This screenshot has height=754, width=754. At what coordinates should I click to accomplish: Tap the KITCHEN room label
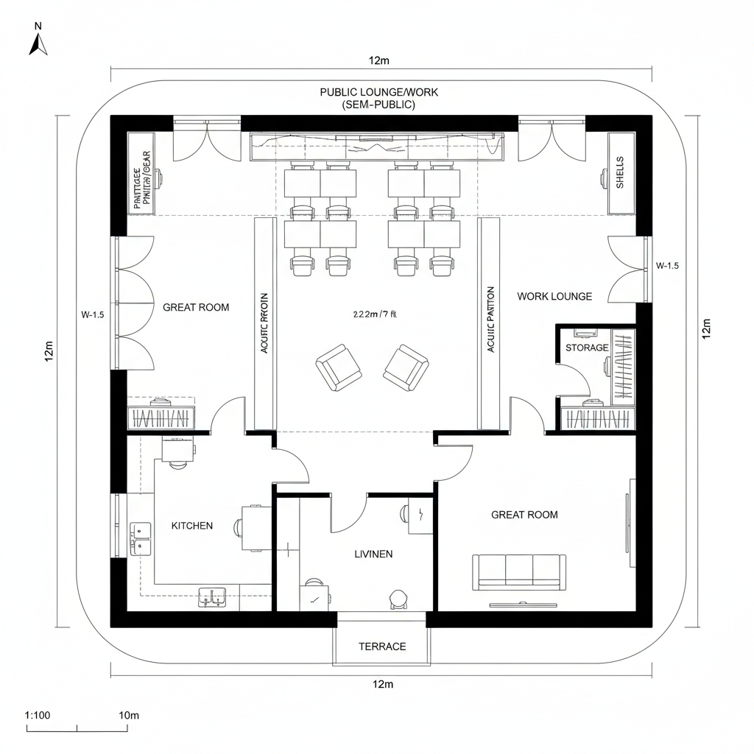coord(192,526)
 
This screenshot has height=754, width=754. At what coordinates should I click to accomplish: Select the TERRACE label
coord(382,646)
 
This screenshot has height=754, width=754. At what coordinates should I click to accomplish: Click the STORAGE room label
coord(587,348)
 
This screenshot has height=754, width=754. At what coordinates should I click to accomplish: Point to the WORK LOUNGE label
coord(554,296)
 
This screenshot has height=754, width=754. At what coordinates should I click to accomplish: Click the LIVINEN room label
coord(373,554)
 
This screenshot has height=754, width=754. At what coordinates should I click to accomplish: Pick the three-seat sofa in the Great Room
coord(518,571)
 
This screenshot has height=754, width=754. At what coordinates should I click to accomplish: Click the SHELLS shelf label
coord(620,172)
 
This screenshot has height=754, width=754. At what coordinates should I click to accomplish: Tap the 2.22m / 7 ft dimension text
coord(375,314)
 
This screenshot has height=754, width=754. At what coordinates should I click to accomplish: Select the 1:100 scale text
coord(37,715)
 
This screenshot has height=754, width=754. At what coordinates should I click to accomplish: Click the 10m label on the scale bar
coord(129,715)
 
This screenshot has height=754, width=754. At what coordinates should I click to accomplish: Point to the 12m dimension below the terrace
coord(382,685)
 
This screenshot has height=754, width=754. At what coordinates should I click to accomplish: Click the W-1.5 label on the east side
coord(667,266)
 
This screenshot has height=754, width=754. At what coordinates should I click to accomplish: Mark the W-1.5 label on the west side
coord(92,314)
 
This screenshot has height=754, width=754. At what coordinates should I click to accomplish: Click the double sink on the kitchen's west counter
coord(140,538)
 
